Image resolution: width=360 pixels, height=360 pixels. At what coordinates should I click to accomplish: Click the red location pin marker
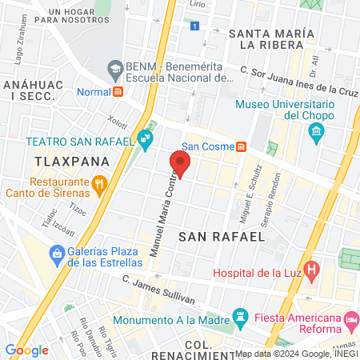coord(180,164)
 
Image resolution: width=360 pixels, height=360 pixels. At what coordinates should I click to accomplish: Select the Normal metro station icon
coord(118,91)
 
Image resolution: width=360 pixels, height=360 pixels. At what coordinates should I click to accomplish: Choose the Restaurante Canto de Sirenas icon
coord(99,185)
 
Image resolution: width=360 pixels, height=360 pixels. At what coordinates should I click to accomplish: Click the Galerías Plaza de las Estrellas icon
coord(56,255)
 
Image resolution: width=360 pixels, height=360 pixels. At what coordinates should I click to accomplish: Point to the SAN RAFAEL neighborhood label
coord(221,237)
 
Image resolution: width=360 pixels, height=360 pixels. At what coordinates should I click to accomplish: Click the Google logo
coord(26,350)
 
